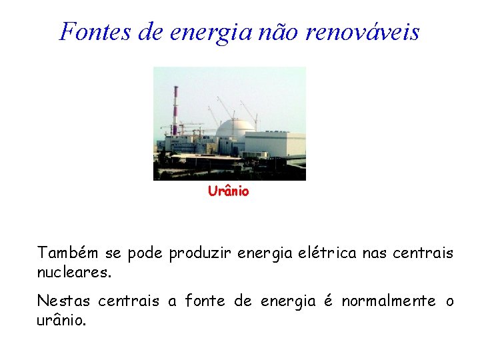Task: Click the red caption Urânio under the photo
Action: coord(229,192)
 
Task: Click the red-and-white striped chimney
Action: coord(175,110)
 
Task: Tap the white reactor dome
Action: coord(236,128)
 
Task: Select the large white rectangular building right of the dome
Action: coord(275,145)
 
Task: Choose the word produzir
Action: coord(197,254)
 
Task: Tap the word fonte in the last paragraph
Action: coord(204,301)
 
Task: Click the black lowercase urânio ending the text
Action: coord(60,321)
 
